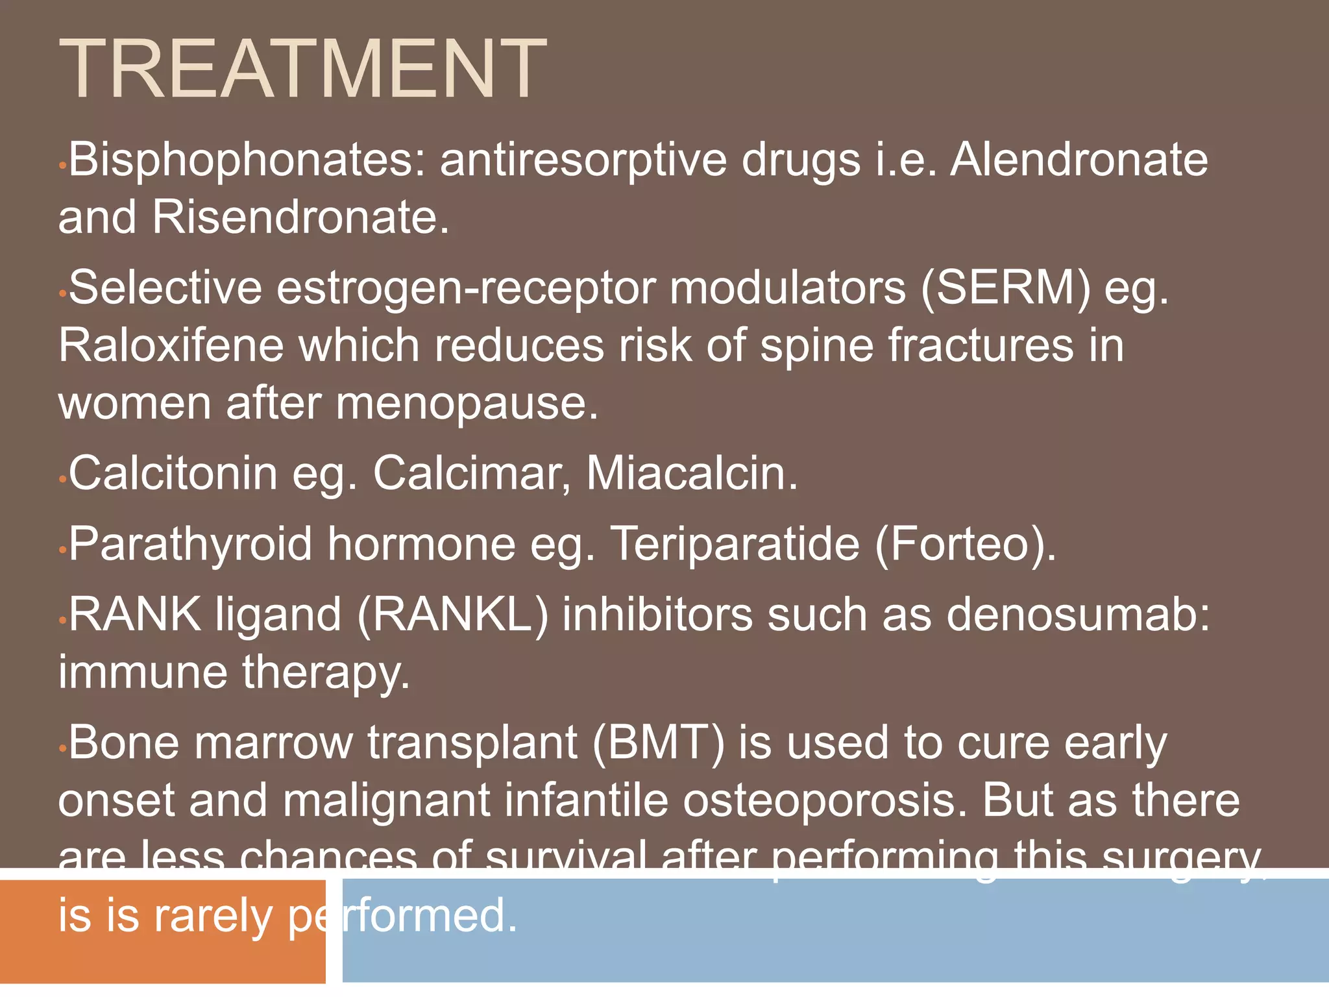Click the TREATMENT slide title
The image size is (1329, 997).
click(x=302, y=69)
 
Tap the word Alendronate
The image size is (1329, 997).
click(x=1079, y=160)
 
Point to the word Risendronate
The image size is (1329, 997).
click(x=300, y=217)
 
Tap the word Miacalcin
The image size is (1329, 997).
click(x=692, y=473)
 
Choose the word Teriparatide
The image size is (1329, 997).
click(x=735, y=544)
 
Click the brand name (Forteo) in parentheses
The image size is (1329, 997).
click(x=965, y=544)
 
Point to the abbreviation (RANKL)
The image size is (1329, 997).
click(x=452, y=614)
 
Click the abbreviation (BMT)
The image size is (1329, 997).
click(x=657, y=743)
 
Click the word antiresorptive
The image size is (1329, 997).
click(x=583, y=160)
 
